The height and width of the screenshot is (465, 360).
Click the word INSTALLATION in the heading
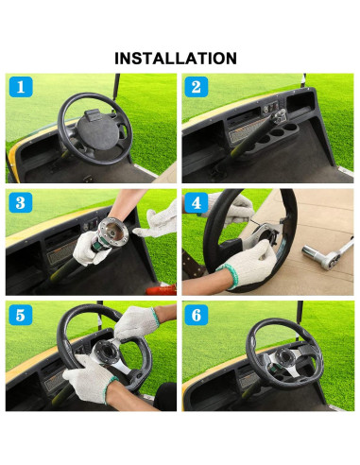(176, 58)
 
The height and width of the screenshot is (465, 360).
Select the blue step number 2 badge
(196, 90)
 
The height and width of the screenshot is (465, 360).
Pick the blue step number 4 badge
(197, 202)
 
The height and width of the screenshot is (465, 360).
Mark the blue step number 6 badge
(197, 315)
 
